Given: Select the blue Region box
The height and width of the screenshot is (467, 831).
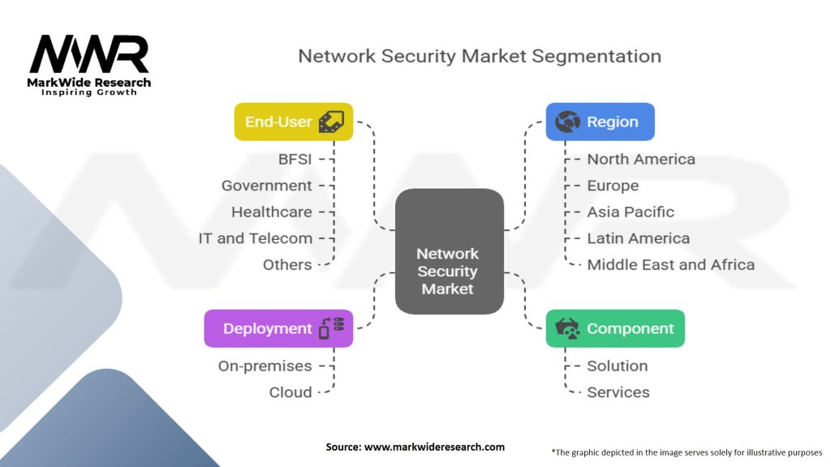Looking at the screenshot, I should pos(600,122).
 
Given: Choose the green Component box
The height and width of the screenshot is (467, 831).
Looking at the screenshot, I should pos(615,328).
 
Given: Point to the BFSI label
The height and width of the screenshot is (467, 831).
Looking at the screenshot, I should pos(295,159).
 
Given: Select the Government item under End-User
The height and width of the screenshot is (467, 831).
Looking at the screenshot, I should pos(266,186).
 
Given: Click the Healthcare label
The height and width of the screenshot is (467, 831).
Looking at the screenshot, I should pos(271,212).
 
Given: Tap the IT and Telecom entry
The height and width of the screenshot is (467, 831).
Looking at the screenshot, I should pos(255,238).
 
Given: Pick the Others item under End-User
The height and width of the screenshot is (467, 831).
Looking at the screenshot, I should pos(286,264).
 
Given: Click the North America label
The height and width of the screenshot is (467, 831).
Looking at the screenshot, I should pos(641,159).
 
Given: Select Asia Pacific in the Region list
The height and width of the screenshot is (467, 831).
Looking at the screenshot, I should pos(631,212).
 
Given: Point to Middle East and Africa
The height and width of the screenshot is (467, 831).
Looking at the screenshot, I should pos(670,264).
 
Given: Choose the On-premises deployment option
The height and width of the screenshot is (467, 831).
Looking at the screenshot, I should pos(265,366).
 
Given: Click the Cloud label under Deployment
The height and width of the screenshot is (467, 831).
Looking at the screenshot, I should pos(291,392).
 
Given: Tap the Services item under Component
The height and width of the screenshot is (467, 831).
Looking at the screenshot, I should pos(618,392).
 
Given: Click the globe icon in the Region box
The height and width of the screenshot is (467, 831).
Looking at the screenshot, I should pos(566,122).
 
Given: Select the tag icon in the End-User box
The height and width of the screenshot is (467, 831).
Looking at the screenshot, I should pos(330,122).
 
